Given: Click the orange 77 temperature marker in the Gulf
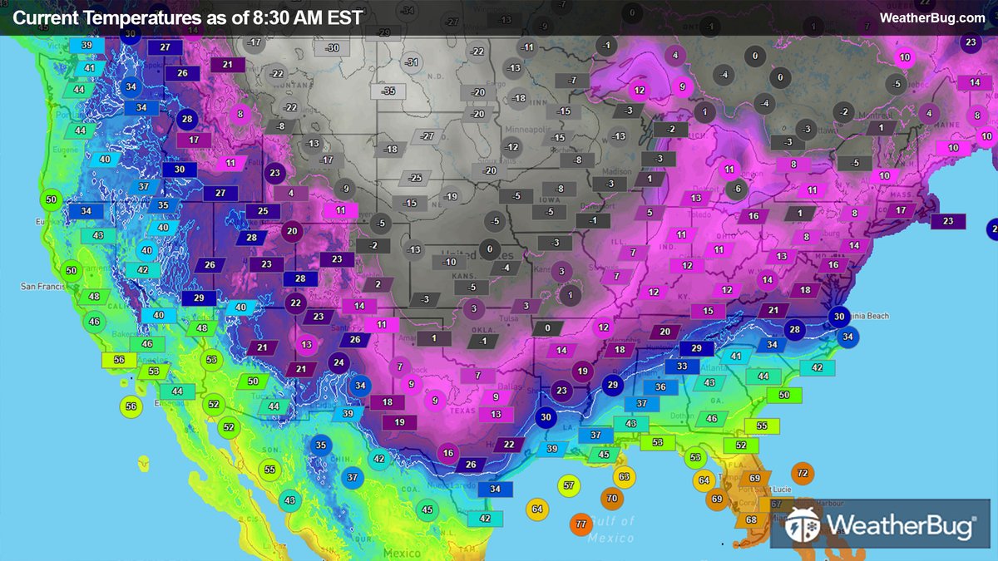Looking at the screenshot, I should click(x=581, y=524).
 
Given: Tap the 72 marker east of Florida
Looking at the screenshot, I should click(x=802, y=473).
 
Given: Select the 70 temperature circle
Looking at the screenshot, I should click(x=611, y=499).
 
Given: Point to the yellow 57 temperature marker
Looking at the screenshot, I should click(x=568, y=485).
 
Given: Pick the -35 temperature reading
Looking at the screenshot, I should click(x=388, y=91).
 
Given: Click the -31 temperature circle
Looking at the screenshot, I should click(x=413, y=62).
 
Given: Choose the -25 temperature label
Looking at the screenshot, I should click(x=414, y=178).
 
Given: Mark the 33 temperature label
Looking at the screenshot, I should click(x=682, y=366).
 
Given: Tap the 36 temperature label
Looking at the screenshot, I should click(x=660, y=386).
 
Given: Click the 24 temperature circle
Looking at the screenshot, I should click(x=338, y=362).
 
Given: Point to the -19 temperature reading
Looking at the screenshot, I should click(x=451, y=197).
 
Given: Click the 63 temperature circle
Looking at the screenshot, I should click(x=624, y=476).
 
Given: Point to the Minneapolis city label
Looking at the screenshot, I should click(x=533, y=130).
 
